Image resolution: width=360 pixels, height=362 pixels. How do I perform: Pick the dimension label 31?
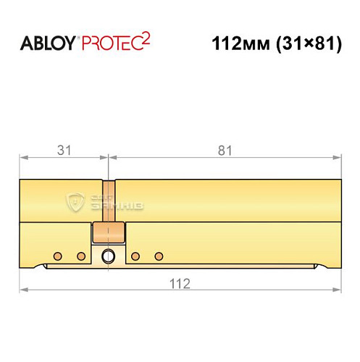[x=63, y=151]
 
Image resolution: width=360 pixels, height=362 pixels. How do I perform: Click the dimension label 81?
[x=225, y=151]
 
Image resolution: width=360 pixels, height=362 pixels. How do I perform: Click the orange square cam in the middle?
[x=109, y=234]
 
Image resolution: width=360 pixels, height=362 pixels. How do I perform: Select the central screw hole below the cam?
[x=109, y=256]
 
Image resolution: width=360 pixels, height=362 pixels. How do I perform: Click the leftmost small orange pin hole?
[x=56, y=256]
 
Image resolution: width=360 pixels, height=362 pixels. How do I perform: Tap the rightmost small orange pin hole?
[x=159, y=256]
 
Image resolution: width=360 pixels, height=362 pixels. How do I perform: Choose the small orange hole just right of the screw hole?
[x=135, y=256]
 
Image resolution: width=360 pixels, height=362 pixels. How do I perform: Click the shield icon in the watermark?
[x=75, y=201]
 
